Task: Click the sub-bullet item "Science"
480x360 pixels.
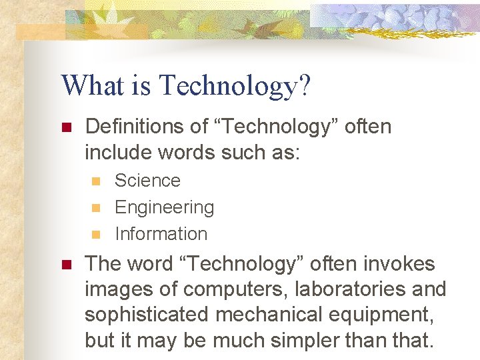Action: click(147, 181)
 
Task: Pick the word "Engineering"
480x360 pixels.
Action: click(164, 207)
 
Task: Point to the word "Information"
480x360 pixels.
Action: click(161, 234)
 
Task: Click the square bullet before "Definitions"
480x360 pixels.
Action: click(66, 127)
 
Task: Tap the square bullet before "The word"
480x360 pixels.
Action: click(66, 265)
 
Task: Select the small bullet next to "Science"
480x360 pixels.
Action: click(95, 181)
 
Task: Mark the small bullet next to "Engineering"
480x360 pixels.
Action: click(95, 208)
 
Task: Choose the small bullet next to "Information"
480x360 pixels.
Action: click(95, 235)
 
